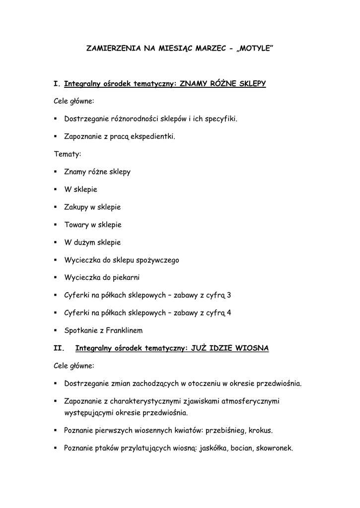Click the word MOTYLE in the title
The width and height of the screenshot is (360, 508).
point(255,49)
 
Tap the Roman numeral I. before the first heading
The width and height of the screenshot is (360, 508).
point(57,84)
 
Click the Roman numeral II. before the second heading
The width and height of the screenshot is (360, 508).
point(59,348)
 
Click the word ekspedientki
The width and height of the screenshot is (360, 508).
point(153,136)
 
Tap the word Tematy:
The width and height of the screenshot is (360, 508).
point(67,154)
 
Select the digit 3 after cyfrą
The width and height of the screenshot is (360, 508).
point(229,295)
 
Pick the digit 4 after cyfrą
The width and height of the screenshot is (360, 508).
point(229,313)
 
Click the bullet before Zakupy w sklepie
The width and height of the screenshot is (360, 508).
point(56,207)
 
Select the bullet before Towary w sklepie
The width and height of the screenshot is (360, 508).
point(56,225)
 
